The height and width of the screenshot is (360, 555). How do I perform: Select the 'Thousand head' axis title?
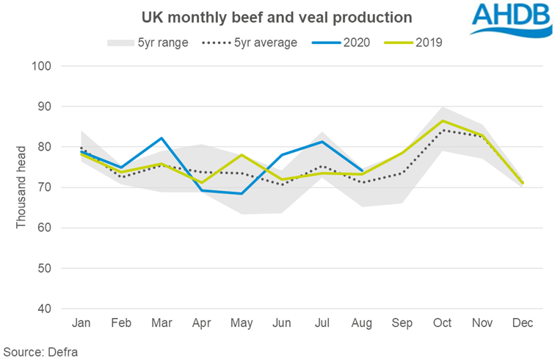[x=22, y=187]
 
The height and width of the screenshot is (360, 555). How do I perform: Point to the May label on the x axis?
[x=241, y=324]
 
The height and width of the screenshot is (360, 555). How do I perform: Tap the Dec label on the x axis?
[x=523, y=324]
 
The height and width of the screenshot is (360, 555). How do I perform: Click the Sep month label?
[x=402, y=324]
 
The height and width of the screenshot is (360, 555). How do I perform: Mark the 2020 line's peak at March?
[x=161, y=138]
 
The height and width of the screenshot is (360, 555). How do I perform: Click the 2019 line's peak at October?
[x=442, y=120]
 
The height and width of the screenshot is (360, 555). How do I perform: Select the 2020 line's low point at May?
[x=241, y=193]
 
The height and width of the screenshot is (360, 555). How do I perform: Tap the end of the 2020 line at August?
[x=362, y=171]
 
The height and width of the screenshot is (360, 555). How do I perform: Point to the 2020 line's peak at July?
[x=322, y=142]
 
